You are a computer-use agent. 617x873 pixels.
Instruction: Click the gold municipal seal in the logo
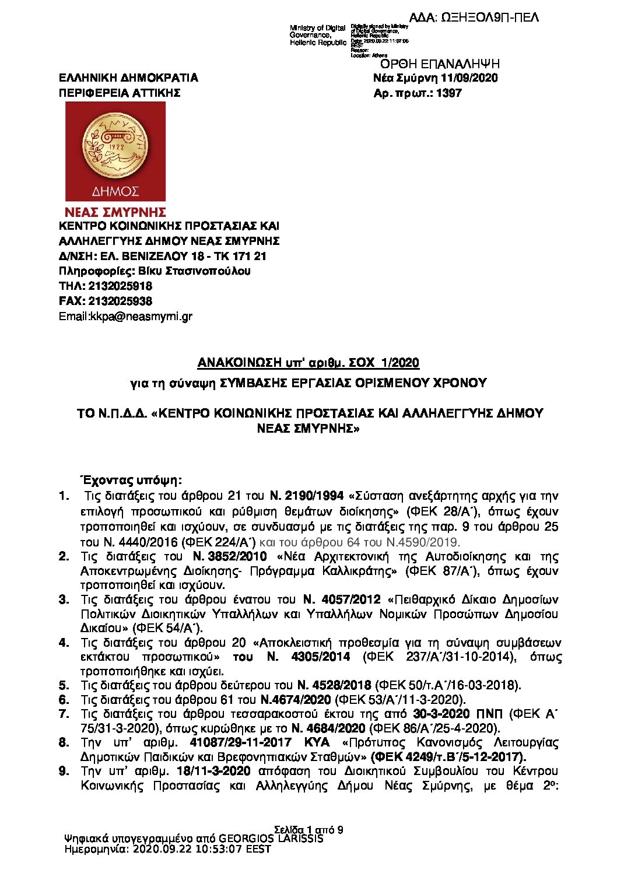[x=115, y=146]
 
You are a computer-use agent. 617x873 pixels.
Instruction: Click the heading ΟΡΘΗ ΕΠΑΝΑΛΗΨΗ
[x=439, y=64]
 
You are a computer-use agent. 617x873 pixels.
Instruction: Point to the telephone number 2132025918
[x=120, y=286]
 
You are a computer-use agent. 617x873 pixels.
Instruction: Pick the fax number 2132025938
[x=120, y=301]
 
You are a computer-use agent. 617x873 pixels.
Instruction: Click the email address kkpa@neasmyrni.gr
[x=141, y=317]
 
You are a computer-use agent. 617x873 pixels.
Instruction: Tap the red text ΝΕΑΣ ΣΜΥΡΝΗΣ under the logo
[x=115, y=212]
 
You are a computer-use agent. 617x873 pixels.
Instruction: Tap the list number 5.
[x=64, y=685]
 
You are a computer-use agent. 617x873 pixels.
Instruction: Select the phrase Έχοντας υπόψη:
[x=131, y=481]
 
